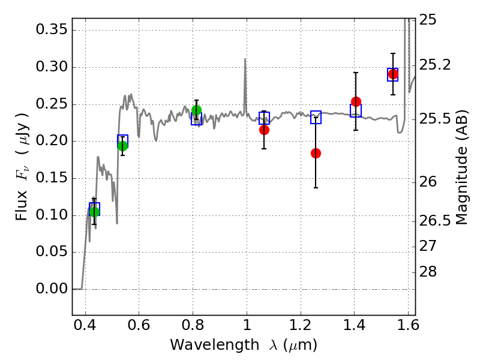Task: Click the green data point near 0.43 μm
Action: pyautogui.click(x=94, y=212)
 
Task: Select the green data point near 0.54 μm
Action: pyautogui.click(x=122, y=146)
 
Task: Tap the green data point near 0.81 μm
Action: pyautogui.click(x=196, y=110)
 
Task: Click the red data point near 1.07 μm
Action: pyautogui.click(x=264, y=130)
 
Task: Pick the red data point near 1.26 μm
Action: pyautogui.click(x=316, y=153)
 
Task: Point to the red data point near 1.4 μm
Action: pyautogui.click(x=356, y=101)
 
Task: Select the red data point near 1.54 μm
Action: pyautogui.click(x=393, y=74)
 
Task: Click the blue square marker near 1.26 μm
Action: pyautogui.click(x=316, y=118)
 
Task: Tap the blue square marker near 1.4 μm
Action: pyautogui.click(x=356, y=110)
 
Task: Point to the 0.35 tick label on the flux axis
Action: pyautogui.click(x=51, y=30)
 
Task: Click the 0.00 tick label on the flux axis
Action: pyautogui.click(x=51, y=289)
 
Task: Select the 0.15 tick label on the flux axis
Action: pyautogui.click(x=51, y=178)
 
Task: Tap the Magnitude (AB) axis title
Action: pyautogui.click(x=461, y=168)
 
